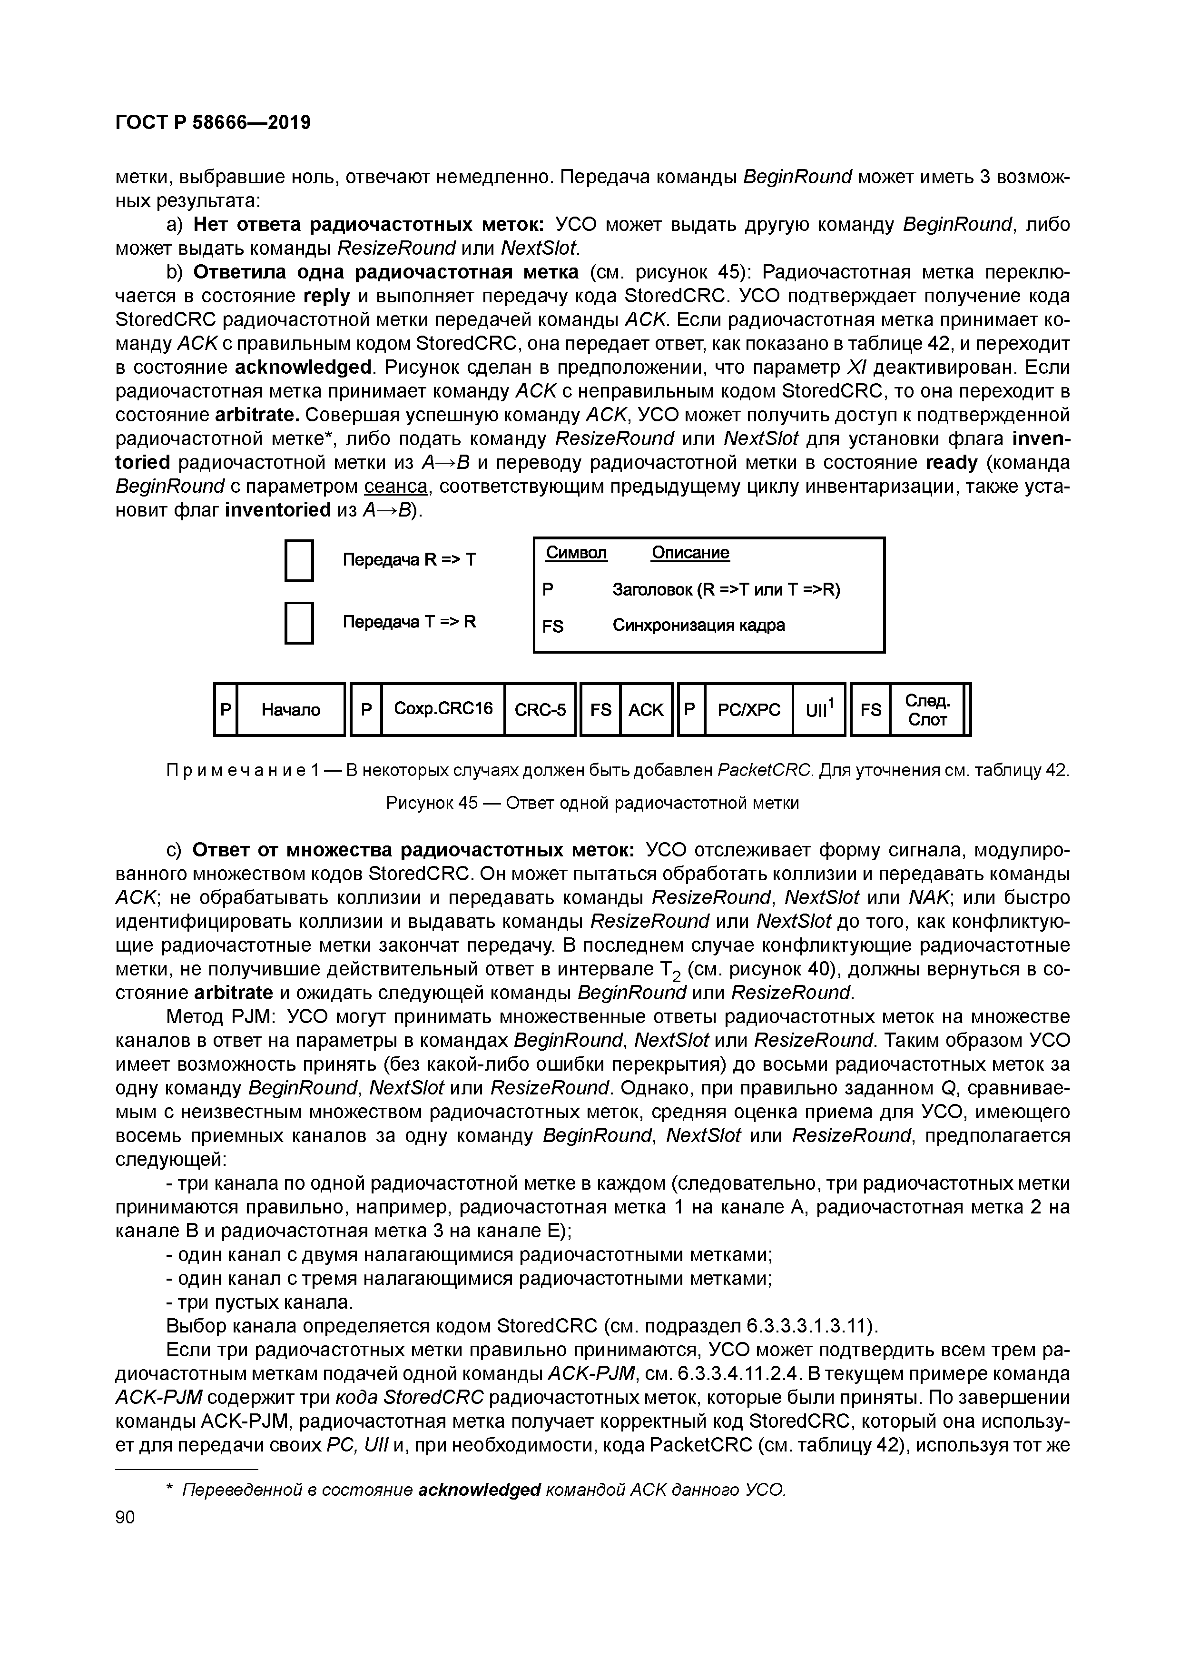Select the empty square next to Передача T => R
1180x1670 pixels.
point(299,623)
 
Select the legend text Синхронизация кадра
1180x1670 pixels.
point(698,625)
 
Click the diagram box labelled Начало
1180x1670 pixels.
point(290,709)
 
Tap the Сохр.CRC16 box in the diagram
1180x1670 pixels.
point(443,708)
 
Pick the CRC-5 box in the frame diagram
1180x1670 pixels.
point(540,709)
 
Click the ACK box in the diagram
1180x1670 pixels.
point(646,709)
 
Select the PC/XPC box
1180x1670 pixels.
point(749,709)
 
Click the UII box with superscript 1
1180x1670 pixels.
point(819,709)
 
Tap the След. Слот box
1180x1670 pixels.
point(927,709)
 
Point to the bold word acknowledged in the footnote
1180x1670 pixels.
point(480,1490)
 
